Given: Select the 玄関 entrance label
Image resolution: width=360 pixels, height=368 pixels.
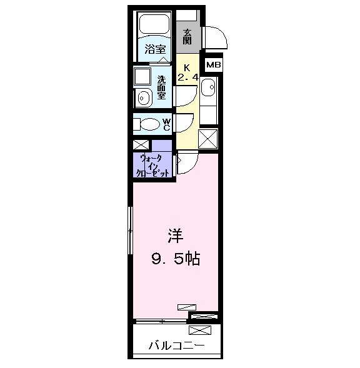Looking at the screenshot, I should point(187,37).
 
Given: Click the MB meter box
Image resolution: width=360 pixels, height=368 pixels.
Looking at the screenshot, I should point(214,64).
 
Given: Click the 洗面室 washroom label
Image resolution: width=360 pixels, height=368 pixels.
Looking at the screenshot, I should point(161,87).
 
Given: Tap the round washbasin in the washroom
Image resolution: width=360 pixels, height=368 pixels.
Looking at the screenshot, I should point(144,98).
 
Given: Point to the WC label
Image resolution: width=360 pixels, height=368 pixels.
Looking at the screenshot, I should point(167,123).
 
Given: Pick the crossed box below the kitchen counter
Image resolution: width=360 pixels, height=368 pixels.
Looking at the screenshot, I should point(208,137).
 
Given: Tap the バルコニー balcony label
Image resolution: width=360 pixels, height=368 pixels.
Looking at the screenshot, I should point(176,344).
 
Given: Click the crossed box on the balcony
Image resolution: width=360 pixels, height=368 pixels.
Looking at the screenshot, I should point(204,317).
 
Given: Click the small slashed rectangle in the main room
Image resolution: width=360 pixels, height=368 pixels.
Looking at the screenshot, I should point(186,306).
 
